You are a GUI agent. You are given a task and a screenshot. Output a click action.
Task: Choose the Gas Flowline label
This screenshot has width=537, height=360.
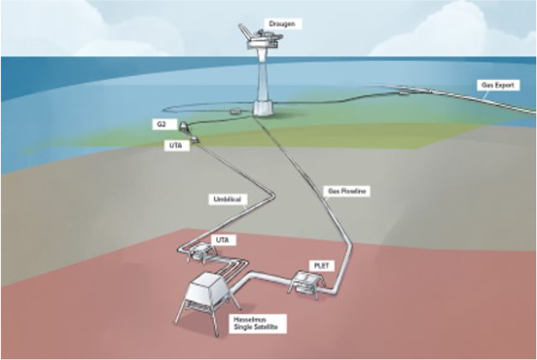(348, 191)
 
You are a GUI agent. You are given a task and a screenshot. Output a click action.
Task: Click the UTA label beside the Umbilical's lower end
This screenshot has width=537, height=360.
(220, 238)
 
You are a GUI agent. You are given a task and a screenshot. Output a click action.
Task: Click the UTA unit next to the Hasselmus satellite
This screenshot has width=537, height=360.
(199, 251)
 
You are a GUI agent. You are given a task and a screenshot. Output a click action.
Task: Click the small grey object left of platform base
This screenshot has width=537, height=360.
(235, 109)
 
